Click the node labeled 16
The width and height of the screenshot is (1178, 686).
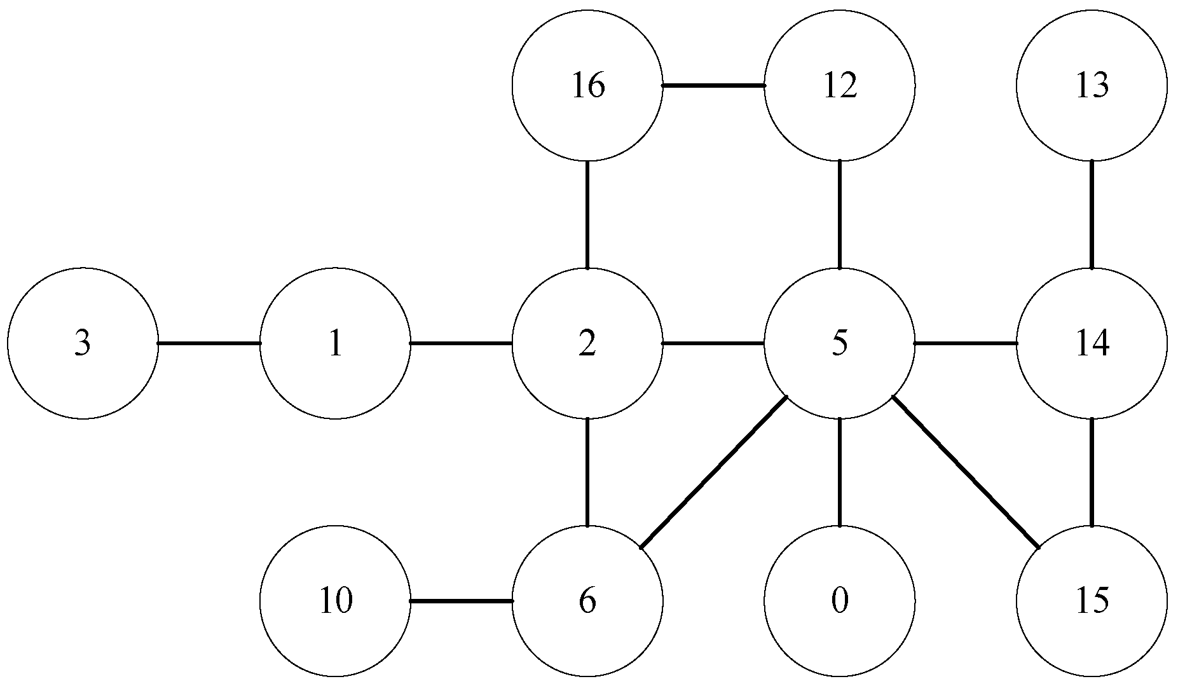click(x=587, y=85)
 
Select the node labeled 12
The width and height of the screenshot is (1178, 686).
click(x=840, y=85)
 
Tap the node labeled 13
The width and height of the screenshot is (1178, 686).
click(x=1092, y=85)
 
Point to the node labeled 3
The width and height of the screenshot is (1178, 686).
click(x=83, y=343)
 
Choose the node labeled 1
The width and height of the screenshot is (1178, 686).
click(x=335, y=343)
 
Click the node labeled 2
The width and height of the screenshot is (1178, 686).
click(x=587, y=343)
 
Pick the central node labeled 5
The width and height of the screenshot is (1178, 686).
click(x=840, y=343)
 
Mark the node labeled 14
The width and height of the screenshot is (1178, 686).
click(x=1092, y=343)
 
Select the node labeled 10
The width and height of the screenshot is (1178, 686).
click(x=335, y=601)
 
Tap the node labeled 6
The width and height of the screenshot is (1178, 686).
click(x=587, y=601)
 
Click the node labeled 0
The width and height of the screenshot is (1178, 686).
click(x=840, y=601)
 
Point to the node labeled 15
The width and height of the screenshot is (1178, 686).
click(x=1092, y=601)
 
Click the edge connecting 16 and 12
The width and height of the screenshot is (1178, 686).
click(x=713, y=85)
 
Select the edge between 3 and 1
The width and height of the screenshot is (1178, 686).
click(x=209, y=343)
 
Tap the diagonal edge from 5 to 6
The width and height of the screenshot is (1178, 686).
click(x=713, y=472)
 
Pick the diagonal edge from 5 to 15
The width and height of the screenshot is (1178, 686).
click(x=966, y=472)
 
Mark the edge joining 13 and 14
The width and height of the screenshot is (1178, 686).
click(x=1092, y=214)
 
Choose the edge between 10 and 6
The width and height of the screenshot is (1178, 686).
click(x=461, y=601)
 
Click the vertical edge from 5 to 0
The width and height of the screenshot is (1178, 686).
click(x=840, y=472)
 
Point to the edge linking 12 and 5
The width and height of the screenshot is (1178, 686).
click(x=840, y=214)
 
